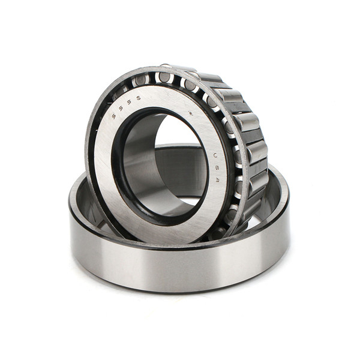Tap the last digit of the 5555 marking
139,98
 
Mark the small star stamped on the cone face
191,113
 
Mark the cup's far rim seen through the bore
180,147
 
